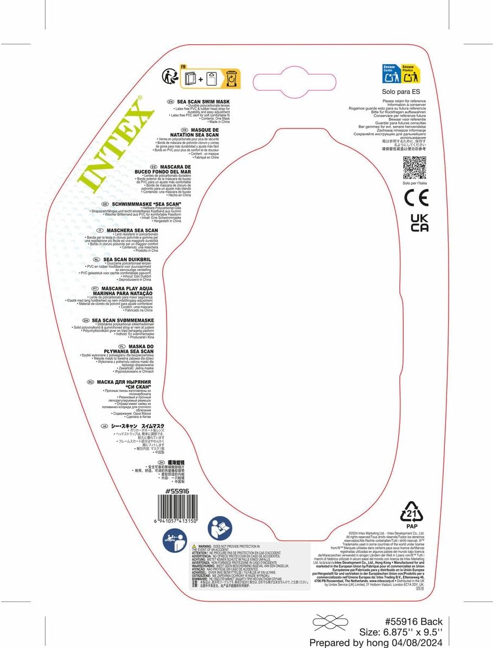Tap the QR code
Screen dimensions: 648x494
click(415, 167)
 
